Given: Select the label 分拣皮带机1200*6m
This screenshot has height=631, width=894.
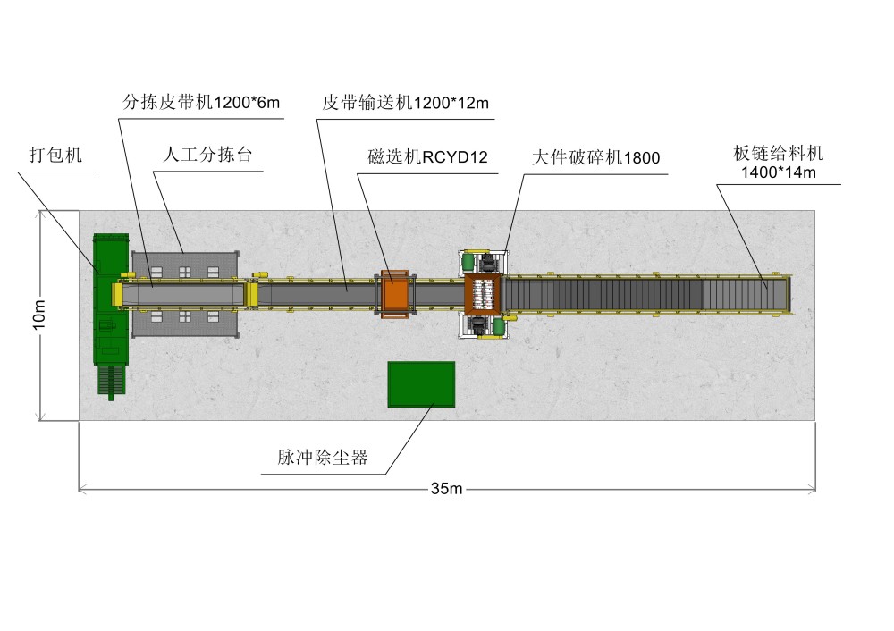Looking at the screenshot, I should (x=201, y=103).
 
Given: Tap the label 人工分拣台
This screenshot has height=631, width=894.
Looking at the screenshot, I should (x=208, y=154).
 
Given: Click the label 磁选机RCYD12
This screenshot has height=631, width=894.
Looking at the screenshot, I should (x=427, y=158).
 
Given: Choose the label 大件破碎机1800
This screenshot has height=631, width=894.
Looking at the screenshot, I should (x=595, y=158).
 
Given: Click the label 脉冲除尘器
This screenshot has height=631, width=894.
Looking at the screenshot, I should (x=323, y=459).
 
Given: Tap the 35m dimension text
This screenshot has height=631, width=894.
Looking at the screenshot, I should (x=446, y=489).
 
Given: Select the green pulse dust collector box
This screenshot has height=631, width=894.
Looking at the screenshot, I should (x=421, y=384).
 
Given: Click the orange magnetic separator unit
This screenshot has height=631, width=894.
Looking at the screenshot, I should (x=394, y=292).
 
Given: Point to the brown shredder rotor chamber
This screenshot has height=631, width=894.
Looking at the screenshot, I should (x=484, y=292).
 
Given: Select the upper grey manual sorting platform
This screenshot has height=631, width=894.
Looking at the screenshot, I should (x=186, y=266).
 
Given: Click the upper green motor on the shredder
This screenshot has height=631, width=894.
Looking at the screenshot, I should (x=468, y=261).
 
